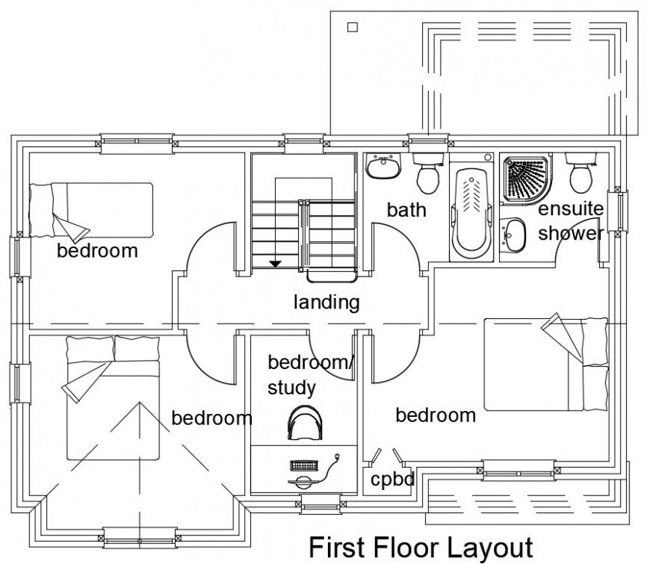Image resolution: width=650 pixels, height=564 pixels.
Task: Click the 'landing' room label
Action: point(326,303)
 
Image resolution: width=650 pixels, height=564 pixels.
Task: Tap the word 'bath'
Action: point(406,210)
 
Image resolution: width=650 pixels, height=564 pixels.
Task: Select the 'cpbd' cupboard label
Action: point(392,479)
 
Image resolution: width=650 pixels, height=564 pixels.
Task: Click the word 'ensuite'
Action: point(571,208)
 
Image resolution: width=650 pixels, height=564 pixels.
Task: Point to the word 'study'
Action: point(291,388)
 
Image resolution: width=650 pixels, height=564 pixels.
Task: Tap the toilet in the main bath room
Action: point(428,173)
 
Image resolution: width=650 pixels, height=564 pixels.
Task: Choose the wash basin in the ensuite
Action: point(513,235)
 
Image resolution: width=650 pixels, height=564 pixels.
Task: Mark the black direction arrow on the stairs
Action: point(275,263)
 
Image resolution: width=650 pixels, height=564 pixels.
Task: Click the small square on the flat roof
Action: point(353,28)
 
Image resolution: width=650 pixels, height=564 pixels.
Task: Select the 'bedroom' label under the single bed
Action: point(97,250)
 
